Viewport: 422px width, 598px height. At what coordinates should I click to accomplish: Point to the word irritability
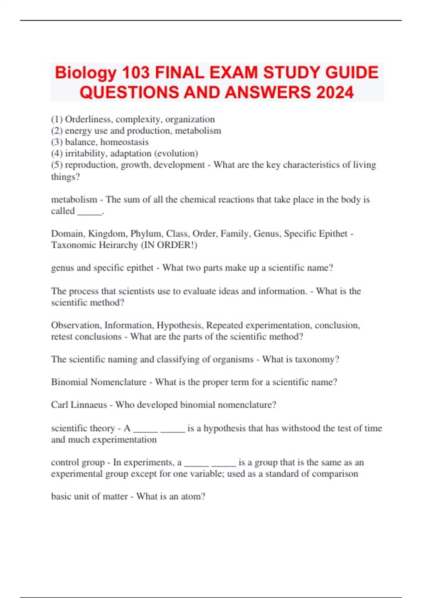pyautogui.click(x=86, y=154)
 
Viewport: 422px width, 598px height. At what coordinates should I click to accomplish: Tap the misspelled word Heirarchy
pyautogui.click(x=118, y=245)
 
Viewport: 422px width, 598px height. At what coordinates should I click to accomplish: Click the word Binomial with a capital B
pyautogui.click(x=69, y=382)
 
